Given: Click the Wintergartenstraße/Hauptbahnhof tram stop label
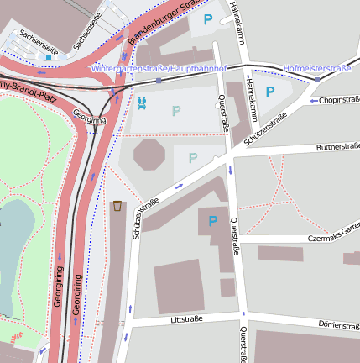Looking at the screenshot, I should pyautogui.click(x=159, y=67).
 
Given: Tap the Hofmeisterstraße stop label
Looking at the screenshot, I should pyautogui.click(x=316, y=67).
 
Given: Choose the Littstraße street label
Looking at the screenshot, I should pyautogui.click(x=186, y=319).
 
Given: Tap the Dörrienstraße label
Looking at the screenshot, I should pyautogui.click(x=338, y=325).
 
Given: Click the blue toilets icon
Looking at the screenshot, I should pyautogui.click(x=142, y=103).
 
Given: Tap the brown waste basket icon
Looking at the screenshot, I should pyautogui.click(x=117, y=206).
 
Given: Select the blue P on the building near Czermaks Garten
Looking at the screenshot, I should pyautogui.click(x=212, y=221).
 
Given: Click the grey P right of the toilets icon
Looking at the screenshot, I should pyautogui.click(x=176, y=110).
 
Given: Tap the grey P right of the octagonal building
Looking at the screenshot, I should pyautogui.click(x=193, y=158).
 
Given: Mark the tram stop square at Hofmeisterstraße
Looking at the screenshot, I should pyautogui.click(x=316, y=79).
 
